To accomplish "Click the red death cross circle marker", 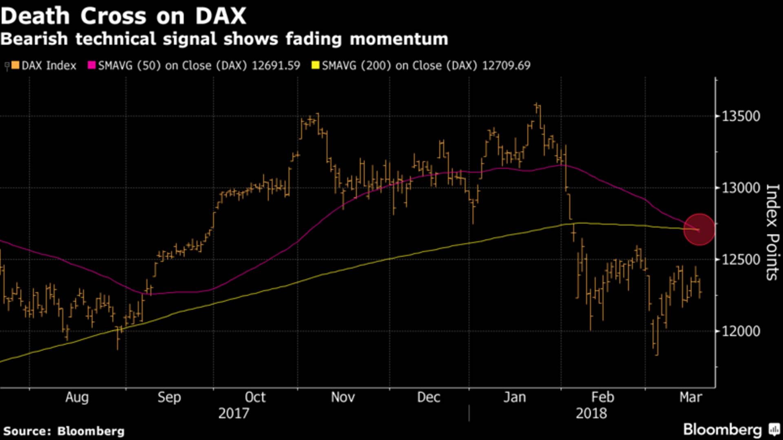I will (699, 230).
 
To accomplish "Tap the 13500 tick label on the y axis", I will (741, 117).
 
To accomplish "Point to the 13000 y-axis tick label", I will (741, 188).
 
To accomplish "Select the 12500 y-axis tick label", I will (741, 260).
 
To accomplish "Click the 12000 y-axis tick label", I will (741, 331).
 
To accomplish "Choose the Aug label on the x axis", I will (77, 397).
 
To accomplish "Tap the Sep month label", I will (169, 397).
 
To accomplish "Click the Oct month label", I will (255, 397).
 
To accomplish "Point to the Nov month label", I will (343, 397).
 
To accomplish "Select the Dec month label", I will (429, 397).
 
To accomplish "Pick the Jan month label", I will (515, 397).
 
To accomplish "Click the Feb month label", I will (602, 397).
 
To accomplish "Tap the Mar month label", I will (691, 397).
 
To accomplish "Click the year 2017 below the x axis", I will (233, 414).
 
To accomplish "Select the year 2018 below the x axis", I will (591, 414).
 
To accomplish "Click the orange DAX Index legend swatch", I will (15, 65).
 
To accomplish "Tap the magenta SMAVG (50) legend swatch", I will (92, 65).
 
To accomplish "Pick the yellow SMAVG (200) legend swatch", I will (315, 65).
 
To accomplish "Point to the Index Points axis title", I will (772, 232).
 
